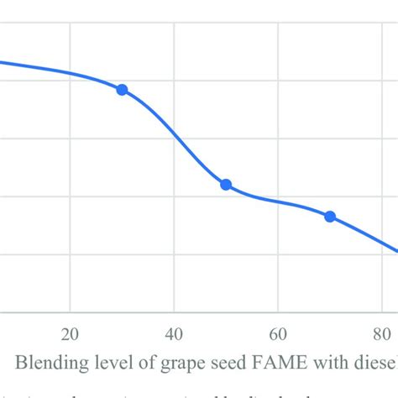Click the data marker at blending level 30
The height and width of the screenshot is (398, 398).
[x=122, y=90]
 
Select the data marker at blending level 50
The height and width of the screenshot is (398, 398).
[x=226, y=185]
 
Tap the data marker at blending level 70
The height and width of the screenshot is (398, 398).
[x=330, y=217]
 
